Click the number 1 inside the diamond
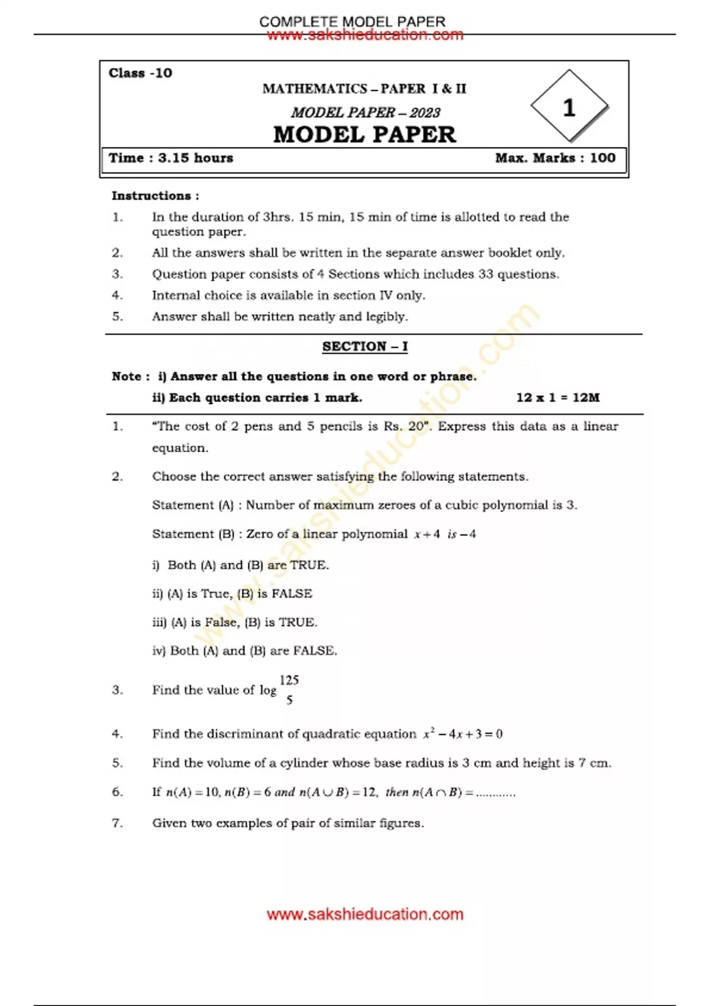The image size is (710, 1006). pos(569,108)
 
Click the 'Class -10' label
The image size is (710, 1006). pos(140,73)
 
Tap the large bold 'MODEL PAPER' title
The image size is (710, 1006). pos(364,135)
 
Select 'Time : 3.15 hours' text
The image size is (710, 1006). pos(171,158)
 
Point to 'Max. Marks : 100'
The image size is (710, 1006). pos(555,158)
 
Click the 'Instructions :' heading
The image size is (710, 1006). pos(155,196)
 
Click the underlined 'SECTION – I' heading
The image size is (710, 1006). pos(364,347)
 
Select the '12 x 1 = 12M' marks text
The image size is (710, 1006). pos(557,398)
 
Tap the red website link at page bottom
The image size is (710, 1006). pos(364,914)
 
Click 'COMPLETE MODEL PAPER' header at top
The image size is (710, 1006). pos(352,21)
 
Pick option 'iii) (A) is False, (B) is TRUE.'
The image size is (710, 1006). pos(235,623)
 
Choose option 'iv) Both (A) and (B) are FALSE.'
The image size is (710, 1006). pos(244,651)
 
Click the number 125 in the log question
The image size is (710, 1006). pos(289,680)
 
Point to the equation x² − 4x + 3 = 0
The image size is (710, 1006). pos(463,734)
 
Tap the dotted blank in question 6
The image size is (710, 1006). pos(496,793)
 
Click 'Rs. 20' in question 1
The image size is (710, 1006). pos(407,427)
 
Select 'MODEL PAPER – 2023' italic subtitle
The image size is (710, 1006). pos(365,112)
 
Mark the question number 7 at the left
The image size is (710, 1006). pos(117,823)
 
